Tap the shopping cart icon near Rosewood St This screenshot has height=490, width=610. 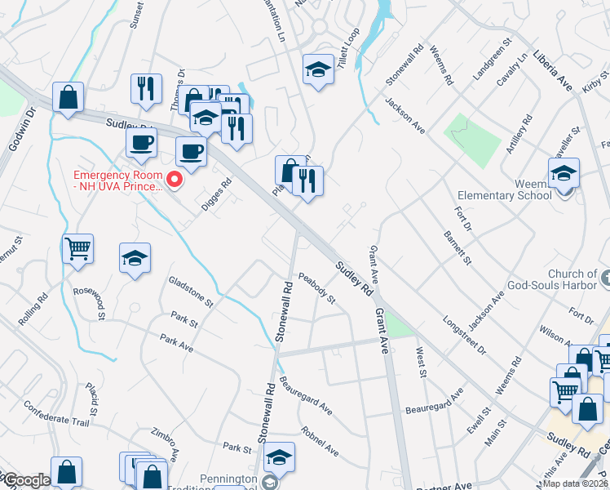[x=77, y=247]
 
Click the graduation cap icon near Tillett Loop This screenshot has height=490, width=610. [x=317, y=69]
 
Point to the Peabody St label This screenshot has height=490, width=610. [x=317, y=287]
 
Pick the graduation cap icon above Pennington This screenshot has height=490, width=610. [x=279, y=459]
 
